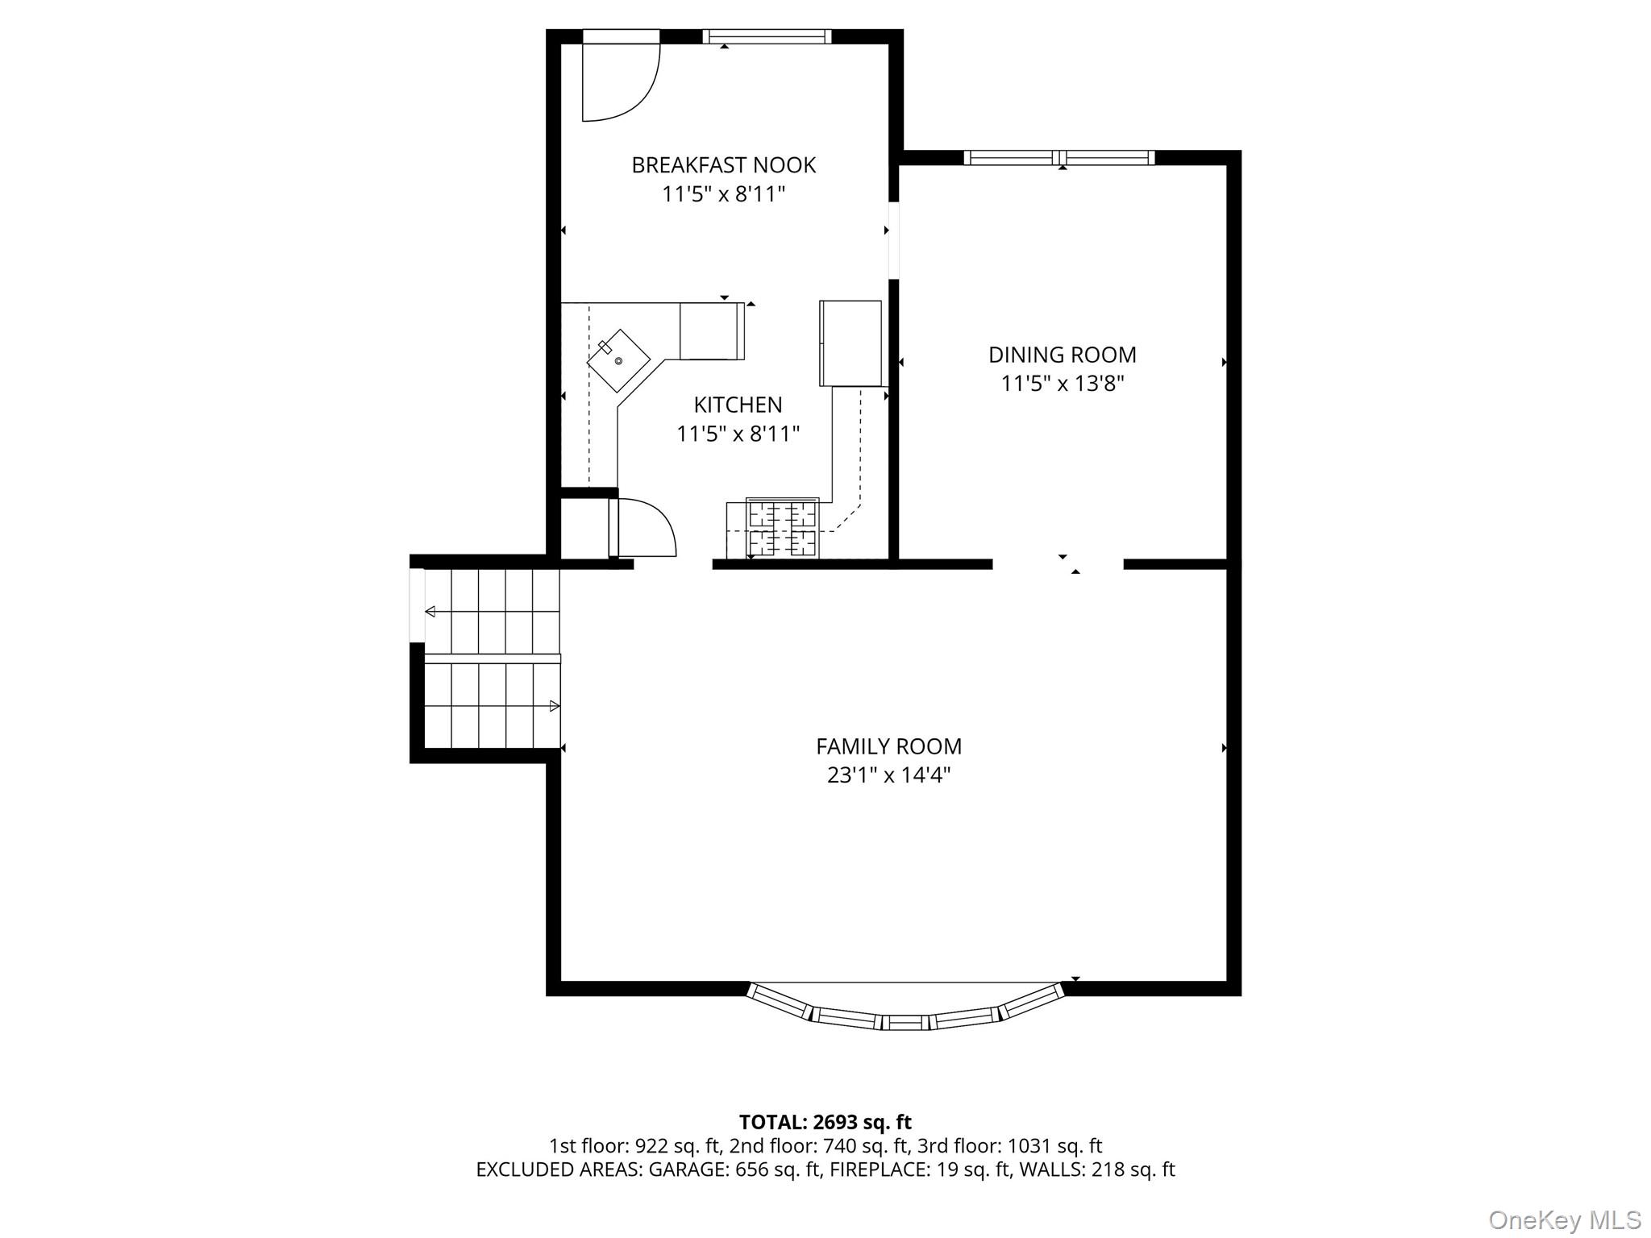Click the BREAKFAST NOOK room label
723,165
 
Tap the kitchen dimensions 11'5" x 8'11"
738,434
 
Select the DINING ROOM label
1062,355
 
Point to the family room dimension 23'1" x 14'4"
888,775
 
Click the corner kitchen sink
618,360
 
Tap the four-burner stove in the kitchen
782,528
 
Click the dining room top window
1059,158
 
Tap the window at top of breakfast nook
766,36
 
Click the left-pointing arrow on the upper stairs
430,612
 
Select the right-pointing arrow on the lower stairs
554,706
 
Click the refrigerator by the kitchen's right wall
850,343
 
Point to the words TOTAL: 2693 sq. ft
825,1122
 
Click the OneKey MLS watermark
1564,1219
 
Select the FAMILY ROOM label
888,746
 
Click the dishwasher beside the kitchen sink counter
711,331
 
